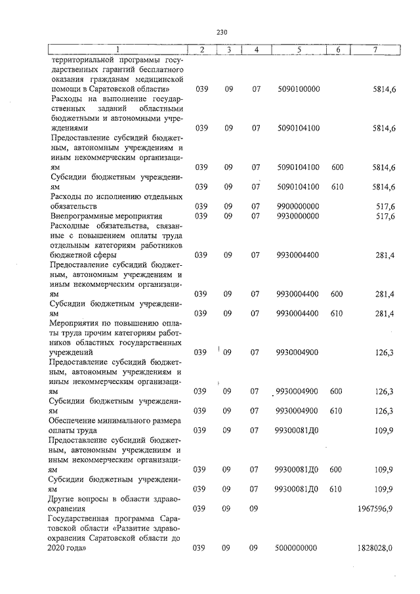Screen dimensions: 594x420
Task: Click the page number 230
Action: click(x=220, y=32)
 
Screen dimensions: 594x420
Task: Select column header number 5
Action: click(x=299, y=50)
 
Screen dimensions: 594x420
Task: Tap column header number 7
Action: click(x=374, y=50)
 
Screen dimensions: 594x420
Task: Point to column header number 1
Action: click(x=117, y=50)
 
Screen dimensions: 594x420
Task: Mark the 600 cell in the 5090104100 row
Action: click(x=337, y=167)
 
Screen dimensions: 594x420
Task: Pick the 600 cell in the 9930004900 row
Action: click(x=336, y=392)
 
